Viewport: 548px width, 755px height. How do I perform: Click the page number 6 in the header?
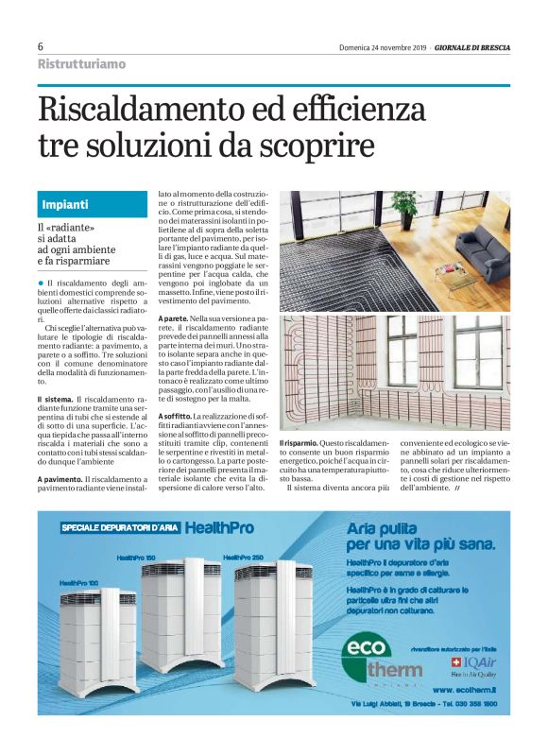[x=41, y=47]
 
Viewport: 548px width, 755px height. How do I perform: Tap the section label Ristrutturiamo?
[x=80, y=64]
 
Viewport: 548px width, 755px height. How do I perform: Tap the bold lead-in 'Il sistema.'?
[x=59, y=401]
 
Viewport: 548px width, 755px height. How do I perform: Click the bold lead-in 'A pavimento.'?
[x=65, y=480]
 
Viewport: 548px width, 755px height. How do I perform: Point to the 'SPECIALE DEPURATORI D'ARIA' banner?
[x=119, y=529]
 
